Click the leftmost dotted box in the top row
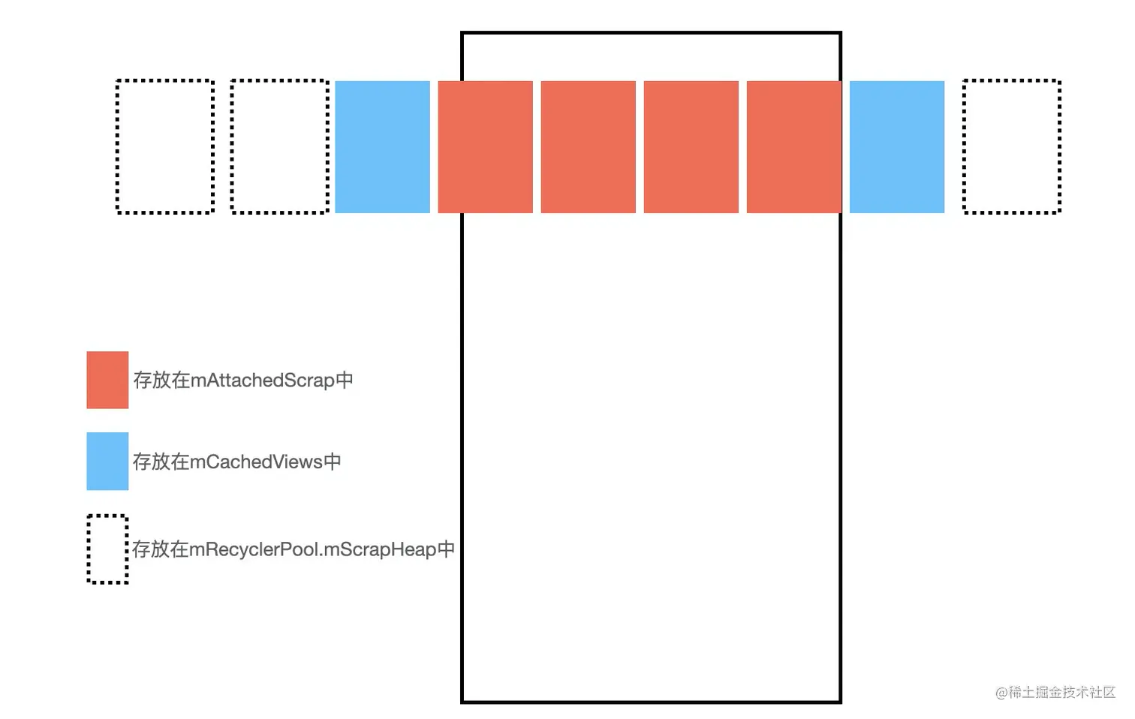click(x=165, y=146)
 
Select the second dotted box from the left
click(x=280, y=146)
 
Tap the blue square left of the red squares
click(x=382, y=146)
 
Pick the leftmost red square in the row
click(x=485, y=146)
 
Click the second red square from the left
click(x=588, y=146)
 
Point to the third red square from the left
click(x=691, y=146)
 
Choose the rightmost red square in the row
click(x=793, y=146)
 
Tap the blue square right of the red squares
click(x=896, y=146)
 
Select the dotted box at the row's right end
click(x=1011, y=146)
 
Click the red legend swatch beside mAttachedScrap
click(x=107, y=380)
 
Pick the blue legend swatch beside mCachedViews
click(x=107, y=461)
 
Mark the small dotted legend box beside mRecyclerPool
click(x=107, y=549)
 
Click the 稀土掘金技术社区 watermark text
click(x=1061, y=692)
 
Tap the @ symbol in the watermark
click(x=1001, y=693)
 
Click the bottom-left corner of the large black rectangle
click(x=462, y=702)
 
